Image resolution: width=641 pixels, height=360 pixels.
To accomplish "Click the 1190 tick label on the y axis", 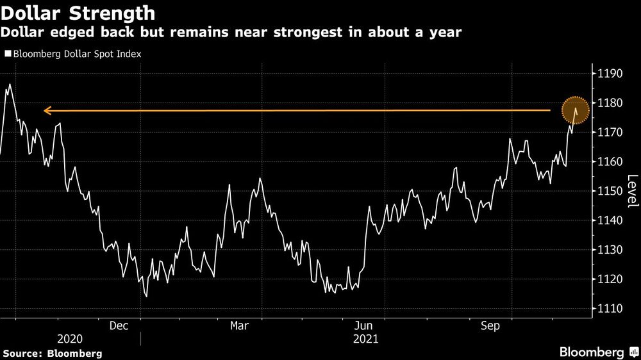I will coord(611,74).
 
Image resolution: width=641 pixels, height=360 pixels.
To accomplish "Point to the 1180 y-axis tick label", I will coord(611,103).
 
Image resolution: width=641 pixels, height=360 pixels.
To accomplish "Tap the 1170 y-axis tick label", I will coord(611,133).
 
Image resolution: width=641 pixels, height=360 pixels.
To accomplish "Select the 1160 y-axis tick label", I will coord(611,162).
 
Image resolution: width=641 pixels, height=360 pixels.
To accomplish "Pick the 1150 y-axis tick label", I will coord(611,192).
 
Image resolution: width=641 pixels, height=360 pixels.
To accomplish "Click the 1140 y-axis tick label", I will coord(611,221).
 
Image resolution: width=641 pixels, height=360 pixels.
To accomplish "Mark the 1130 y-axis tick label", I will coord(611,250).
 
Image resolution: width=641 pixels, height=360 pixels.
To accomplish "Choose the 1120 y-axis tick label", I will coord(611,279).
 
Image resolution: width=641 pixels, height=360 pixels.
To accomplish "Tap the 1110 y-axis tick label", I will coord(611,309).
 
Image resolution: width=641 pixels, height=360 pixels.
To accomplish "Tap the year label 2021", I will coord(365,340).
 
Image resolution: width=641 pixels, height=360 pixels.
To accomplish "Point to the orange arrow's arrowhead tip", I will coord(44,111).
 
